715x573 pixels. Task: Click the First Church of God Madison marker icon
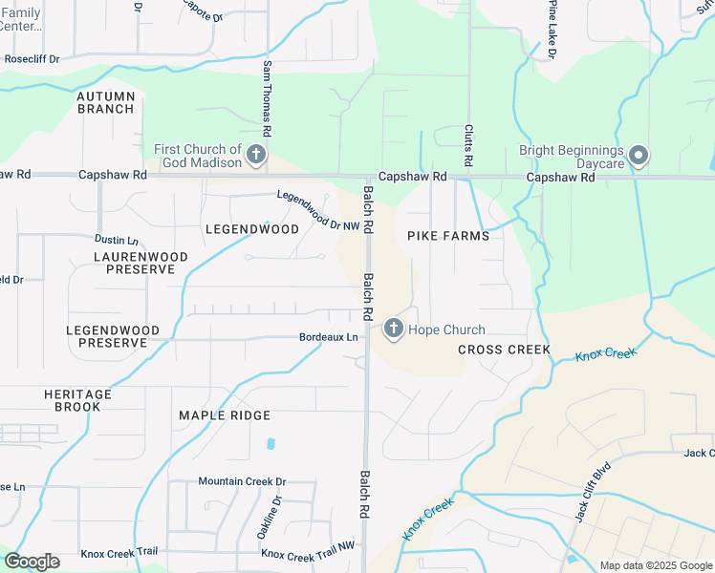[255, 154]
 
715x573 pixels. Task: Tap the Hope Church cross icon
[393, 329]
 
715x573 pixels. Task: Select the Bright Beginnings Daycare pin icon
[639, 154]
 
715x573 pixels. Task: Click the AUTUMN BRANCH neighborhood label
[106, 102]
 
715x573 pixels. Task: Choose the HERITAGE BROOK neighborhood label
[77, 400]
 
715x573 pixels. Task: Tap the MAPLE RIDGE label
[225, 415]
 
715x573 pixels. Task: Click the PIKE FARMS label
[448, 236]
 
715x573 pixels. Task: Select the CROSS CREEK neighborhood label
[504, 350]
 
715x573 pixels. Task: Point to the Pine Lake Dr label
[552, 29]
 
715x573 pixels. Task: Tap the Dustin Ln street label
[116, 240]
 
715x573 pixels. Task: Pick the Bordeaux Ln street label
[328, 337]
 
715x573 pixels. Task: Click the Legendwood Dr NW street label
[317, 210]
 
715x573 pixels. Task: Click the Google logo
[32, 562]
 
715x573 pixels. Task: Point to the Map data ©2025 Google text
[655, 565]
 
